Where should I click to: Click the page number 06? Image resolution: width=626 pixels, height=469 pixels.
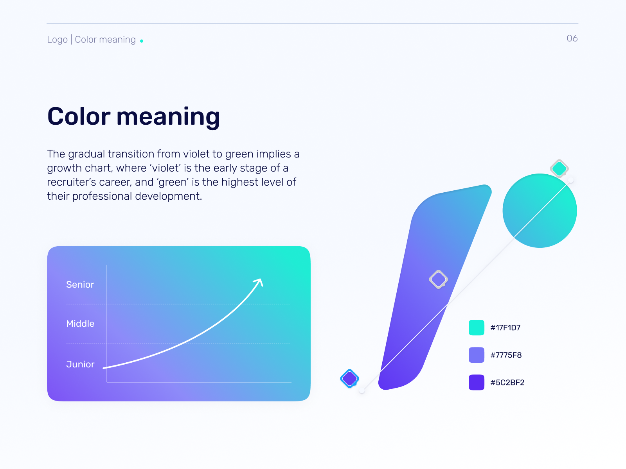click(x=572, y=38)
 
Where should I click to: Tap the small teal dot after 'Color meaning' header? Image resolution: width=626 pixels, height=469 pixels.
click(x=142, y=41)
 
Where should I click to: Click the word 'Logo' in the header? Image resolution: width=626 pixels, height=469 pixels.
click(x=57, y=40)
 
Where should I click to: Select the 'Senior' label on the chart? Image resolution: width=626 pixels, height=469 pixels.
click(x=80, y=285)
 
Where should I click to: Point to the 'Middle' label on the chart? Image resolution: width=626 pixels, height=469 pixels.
click(x=80, y=324)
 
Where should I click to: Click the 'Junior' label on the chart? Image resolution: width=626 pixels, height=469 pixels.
click(x=80, y=364)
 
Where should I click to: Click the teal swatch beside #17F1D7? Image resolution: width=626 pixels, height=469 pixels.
click(x=477, y=328)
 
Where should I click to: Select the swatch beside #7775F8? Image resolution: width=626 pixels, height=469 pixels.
click(x=477, y=355)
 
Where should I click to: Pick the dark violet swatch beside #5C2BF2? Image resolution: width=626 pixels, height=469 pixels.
click(x=477, y=382)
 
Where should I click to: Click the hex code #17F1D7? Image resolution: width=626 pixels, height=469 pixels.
click(x=505, y=328)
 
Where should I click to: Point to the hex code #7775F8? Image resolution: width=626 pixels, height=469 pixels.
click(x=506, y=355)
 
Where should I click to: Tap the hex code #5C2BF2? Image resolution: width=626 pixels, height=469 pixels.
click(x=507, y=383)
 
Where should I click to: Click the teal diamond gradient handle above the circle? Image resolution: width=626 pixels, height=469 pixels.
click(x=559, y=168)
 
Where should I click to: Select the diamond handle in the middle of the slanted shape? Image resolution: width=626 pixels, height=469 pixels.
click(x=438, y=279)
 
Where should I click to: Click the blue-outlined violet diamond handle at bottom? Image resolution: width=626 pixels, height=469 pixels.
click(x=350, y=378)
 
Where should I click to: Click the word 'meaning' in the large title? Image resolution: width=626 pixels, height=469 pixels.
click(x=168, y=117)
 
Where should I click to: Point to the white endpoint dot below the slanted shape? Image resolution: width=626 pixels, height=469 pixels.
click(x=362, y=390)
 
